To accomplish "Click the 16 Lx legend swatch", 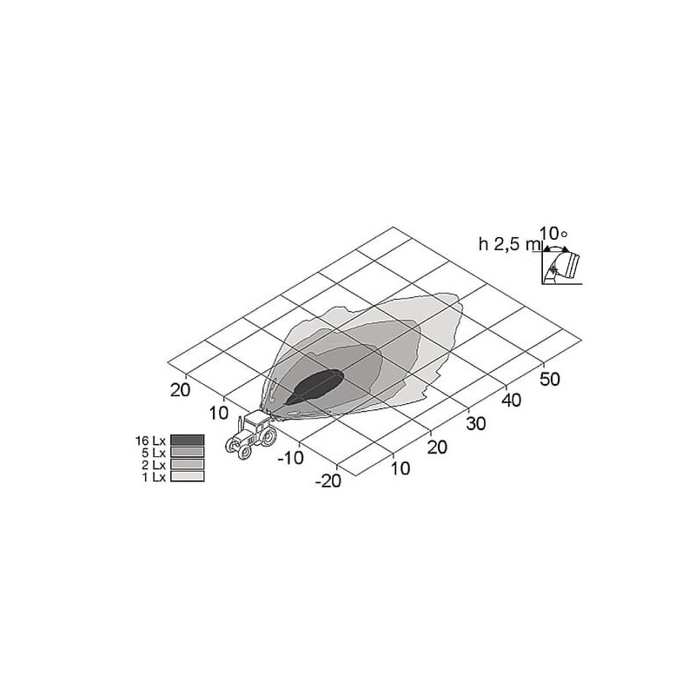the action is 187,440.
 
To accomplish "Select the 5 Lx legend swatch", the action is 187,452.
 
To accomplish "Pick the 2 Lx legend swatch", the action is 187,464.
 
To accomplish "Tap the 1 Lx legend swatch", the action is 187,476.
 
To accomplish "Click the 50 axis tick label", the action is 550,380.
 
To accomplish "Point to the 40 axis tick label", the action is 512,400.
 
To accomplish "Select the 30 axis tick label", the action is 475,424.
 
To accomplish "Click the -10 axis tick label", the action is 291,458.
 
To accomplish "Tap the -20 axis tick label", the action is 328,480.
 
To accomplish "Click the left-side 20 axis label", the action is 181,390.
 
